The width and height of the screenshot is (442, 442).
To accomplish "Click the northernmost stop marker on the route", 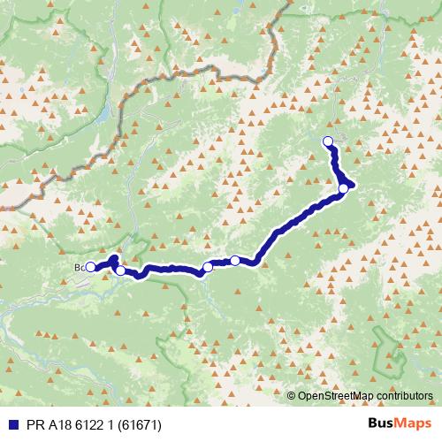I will click(x=328, y=141).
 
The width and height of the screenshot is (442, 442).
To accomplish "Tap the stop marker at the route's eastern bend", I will click(x=344, y=187).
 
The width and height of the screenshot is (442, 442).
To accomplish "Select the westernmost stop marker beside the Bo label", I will click(x=90, y=266).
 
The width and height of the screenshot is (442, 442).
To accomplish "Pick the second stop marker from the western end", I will click(x=120, y=271).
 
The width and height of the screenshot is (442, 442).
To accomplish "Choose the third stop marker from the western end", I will click(x=208, y=267).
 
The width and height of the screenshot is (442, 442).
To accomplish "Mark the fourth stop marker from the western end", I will click(x=235, y=260).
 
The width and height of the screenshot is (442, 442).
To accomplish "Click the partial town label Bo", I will click(x=79, y=265).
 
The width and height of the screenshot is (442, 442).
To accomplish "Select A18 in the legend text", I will click(x=55, y=424).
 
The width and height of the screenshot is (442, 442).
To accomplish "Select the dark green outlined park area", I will click(x=389, y=349).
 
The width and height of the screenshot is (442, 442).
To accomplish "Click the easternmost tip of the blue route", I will click(x=353, y=184).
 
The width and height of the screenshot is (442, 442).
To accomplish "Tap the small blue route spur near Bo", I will click(x=115, y=259).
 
